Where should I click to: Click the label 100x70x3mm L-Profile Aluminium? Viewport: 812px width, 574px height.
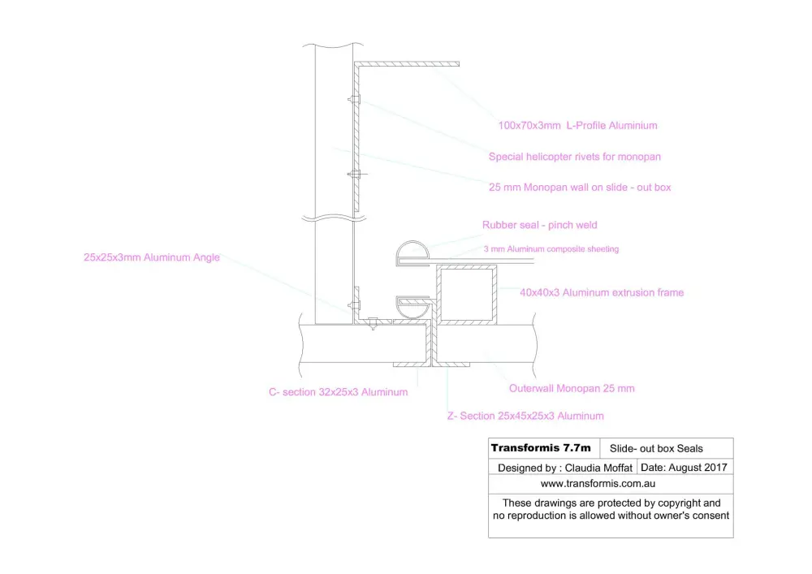pyautogui.click(x=577, y=125)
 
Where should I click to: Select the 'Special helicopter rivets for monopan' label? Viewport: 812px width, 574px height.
pyautogui.click(x=574, y=157)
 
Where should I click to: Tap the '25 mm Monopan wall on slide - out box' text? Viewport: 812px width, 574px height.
pyautogui.click(x=580, y=187)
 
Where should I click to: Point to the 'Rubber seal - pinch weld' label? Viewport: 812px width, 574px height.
pyautogui.click(x=540, y=225)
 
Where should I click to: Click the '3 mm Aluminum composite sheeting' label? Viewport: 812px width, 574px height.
pyautogui.click(x=551, y=249)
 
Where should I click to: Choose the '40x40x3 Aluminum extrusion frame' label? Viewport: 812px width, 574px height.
pyautogui.click(x=602, y=292)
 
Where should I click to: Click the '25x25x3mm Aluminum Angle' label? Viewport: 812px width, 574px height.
pyautogui.click(x=152, y=257)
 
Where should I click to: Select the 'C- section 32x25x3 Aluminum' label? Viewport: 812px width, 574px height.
pyautogui.click(x=338, y=392)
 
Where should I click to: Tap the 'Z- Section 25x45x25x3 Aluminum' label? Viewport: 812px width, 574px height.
pyautogui.click(x=525, y=416)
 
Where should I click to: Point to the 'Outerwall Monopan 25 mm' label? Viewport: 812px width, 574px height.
pyautogui.click(x=572, y=388)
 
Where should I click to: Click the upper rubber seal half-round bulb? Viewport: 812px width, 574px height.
pyautogui.click(x=412, y=244)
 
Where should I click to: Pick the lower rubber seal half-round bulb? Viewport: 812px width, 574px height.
pyautogui.click(x=412, y=313)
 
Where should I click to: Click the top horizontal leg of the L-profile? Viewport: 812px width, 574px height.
pyautogui.click(x=407, y=64)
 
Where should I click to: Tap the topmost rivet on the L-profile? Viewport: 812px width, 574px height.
pyautogui.click(x=354, y=99)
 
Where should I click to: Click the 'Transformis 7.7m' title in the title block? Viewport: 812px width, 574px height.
pyautogui.click(x=541, y=447)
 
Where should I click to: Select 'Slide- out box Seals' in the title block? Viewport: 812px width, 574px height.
pyautogui.click(x=656, y=448)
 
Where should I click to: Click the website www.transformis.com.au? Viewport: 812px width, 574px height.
pyautogui.click(x=598, y=483)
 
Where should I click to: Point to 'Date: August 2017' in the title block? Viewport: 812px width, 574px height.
pyautogui.click(x=684, y=468)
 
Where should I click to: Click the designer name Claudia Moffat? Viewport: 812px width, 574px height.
pyautogui.click(x=598, y=468)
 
